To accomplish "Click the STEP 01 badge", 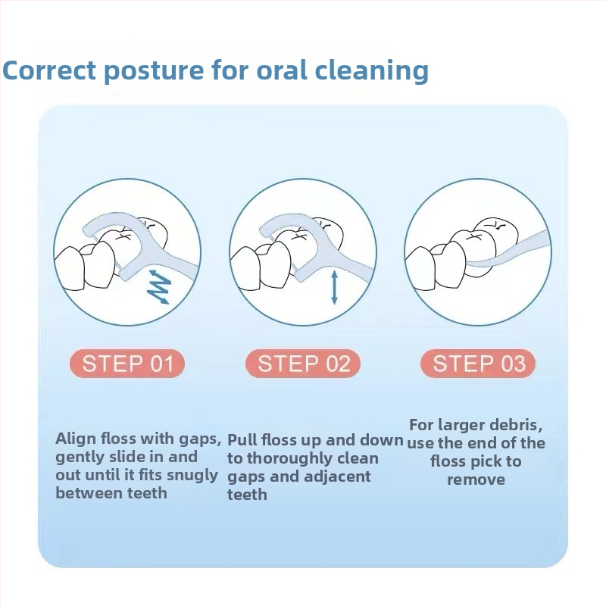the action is (127, 364).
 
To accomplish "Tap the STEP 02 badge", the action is (303, 364).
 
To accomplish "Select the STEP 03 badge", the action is (478, 364).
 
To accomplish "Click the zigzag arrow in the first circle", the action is (160, 286).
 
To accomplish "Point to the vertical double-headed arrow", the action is (335, 288).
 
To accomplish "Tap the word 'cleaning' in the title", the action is (372, 71).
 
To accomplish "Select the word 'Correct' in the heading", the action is (49, 70).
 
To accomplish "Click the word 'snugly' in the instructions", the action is (192, 476).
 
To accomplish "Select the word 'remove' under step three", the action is (476, 479).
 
